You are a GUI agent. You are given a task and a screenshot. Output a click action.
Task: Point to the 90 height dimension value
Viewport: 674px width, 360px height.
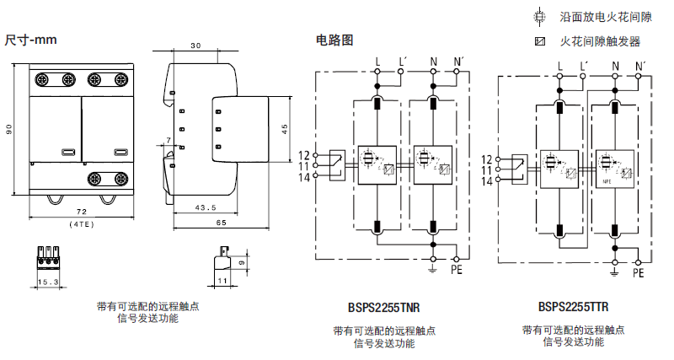tap(9, 129)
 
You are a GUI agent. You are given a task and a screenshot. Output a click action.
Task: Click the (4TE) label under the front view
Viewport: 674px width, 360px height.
tap(81, 224)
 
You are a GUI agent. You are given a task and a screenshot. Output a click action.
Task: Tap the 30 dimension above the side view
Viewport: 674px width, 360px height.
tap(195, 46)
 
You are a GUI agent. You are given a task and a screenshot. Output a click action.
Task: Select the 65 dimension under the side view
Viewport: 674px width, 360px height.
tap(221, 223)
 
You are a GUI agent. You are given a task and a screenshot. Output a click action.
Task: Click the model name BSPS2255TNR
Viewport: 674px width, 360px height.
tap(384, 309)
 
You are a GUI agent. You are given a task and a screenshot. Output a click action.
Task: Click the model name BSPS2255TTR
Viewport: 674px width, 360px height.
tap(573, 308)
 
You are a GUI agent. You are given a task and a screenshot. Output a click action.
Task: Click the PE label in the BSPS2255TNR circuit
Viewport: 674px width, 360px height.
tap(457, 271)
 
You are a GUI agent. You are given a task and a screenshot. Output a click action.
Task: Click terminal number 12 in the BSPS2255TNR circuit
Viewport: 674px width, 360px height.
tap(304, 155)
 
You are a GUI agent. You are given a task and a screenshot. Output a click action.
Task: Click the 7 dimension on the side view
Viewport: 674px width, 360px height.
tap(168, 141)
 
